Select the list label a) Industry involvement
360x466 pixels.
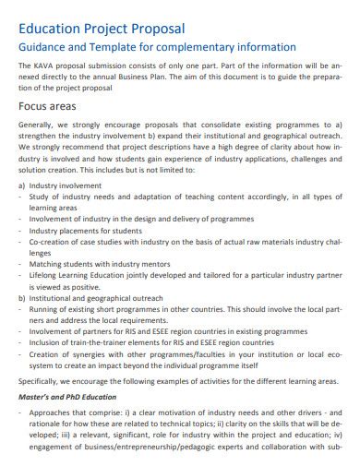click(61, 185)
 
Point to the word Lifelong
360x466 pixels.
click(45, 275)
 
